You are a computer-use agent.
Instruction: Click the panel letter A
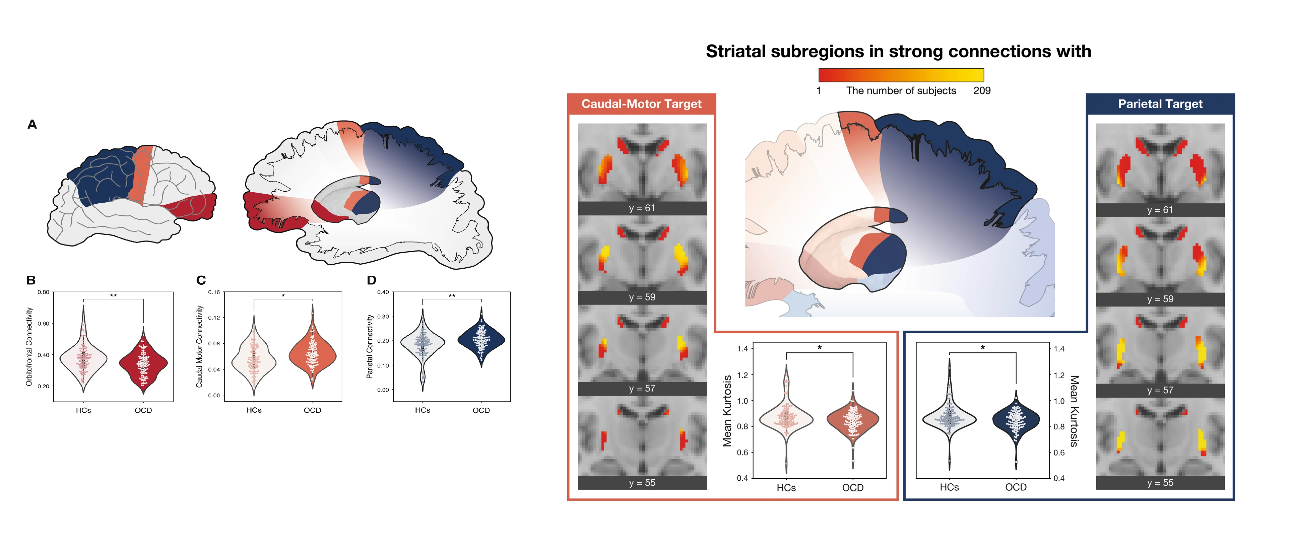pos(32,124)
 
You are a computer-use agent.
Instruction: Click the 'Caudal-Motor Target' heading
pos(642,104)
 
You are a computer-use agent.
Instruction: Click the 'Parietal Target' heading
pos(1160,104)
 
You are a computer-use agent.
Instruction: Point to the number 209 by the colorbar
pos(982,91)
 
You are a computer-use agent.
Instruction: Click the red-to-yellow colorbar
pos(901,75)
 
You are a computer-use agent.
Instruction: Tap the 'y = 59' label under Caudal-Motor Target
pos(642,297)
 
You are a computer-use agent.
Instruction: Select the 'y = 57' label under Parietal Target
pos(1160,391)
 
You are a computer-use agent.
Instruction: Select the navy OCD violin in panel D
pos(481,338)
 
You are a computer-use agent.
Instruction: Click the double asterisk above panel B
pos(113,296)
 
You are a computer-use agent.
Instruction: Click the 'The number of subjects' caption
pos(901,91)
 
